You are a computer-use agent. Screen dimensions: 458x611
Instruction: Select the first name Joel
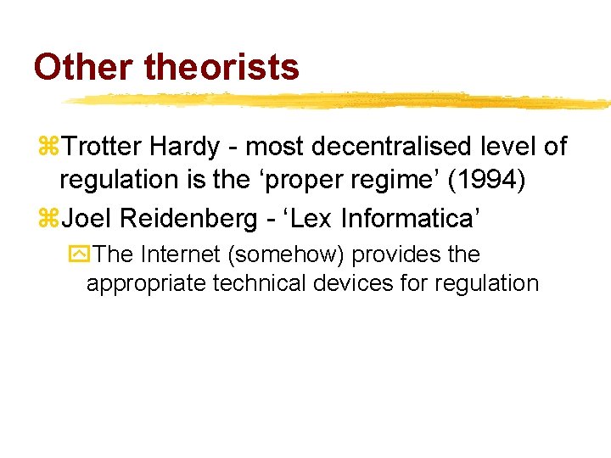point(88,218)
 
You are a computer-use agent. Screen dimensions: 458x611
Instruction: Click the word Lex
point(313,218)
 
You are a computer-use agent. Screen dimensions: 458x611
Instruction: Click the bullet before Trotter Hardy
point(48,148)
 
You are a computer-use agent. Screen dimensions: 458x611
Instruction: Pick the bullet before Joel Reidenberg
point(48,219)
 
